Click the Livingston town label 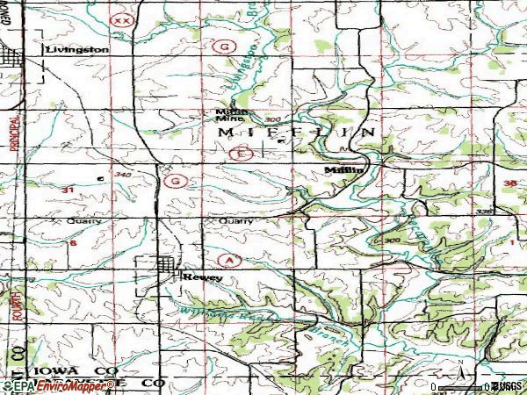77,50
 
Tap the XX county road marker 123,18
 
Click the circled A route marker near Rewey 230,261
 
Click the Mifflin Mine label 232,116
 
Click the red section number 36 512,183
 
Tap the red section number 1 511,241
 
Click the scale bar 460,386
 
